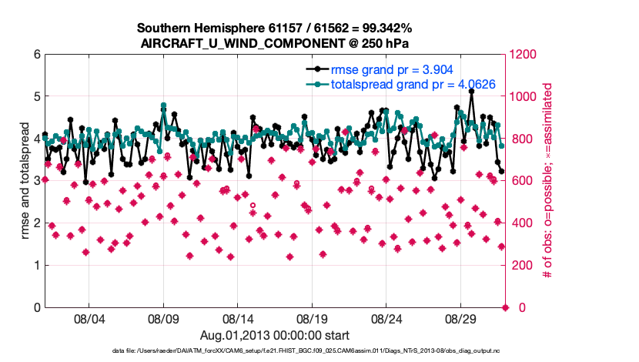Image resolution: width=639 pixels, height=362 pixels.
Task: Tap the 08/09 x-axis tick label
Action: click(x=163, y=318)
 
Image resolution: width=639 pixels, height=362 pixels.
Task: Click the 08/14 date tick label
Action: click(x=238, y=318)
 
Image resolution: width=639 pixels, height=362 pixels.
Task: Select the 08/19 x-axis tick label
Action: click(x=312, y=318)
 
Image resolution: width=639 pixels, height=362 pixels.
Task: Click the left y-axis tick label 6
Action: click(x=36, y=55)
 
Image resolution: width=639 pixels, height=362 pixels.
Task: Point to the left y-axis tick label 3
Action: click(x=36, y=181)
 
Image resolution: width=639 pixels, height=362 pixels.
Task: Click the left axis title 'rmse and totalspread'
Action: click(x=24, y=181)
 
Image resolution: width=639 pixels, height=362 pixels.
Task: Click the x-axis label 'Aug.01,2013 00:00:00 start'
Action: click(x=275, y=335)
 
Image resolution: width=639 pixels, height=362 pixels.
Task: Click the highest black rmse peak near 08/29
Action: click(x=471, y=91)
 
